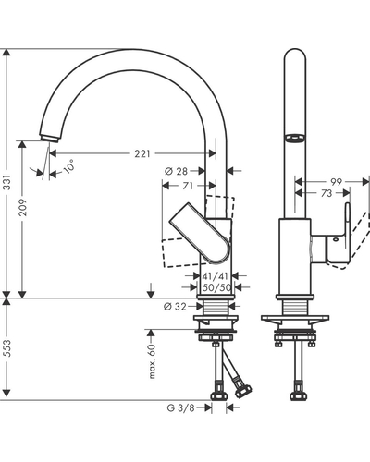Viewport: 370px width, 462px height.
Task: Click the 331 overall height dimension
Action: [6, 182]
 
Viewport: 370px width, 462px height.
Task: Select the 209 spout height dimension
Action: [23, 207]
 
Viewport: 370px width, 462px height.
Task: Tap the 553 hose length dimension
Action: [6, 348]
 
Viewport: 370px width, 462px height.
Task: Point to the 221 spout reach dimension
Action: [142, 153]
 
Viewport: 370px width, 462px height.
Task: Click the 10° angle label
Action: [68, 166]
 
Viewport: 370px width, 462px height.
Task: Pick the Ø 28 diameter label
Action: [176, 171]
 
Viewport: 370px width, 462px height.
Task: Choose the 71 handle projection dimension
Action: [188, 186]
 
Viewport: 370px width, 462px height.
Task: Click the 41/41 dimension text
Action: [216, 276]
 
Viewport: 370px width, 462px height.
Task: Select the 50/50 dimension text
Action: [216, 287]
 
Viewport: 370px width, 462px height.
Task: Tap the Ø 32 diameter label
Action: [175, 307]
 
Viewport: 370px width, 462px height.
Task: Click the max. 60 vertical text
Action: [152, 361]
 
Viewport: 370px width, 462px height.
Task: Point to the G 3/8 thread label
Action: [180, 408]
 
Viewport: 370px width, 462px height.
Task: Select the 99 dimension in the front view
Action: [336, 182]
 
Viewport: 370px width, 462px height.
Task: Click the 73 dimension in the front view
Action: [327, 193]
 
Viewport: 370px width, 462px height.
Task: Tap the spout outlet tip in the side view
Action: [49, 139]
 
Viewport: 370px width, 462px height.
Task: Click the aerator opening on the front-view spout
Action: [295, 139]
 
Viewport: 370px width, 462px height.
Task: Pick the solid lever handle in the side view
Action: [201, 233]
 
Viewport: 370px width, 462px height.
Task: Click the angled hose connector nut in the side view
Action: [243, 390]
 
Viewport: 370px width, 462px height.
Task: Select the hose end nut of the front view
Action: [299, 395]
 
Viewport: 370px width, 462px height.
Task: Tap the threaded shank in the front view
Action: [295, 308]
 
